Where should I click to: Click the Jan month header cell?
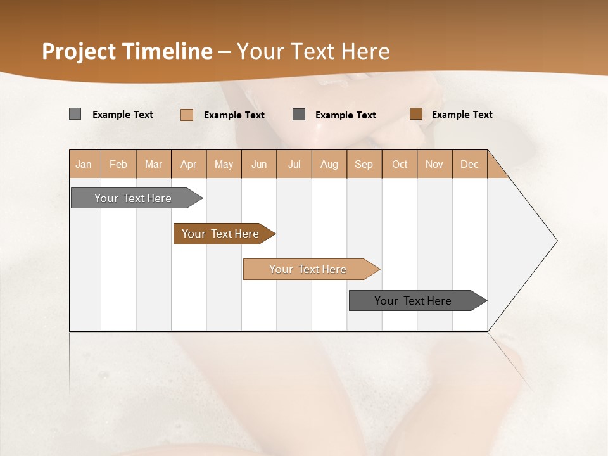(84, 164)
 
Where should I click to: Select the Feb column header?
(118, 164)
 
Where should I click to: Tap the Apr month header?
(189, 164)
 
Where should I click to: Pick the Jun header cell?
(259, 164)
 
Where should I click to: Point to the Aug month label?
(329, 164)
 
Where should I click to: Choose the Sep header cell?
(364, 164)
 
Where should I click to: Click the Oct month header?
(400, 164)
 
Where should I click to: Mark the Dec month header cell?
(470, 164)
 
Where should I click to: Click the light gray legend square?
(75, 114)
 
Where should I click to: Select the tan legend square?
(187, 115)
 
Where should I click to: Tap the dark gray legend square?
(299, 115)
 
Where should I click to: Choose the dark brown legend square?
(415, 114)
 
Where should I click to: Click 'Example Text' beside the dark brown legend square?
(462, 115)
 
